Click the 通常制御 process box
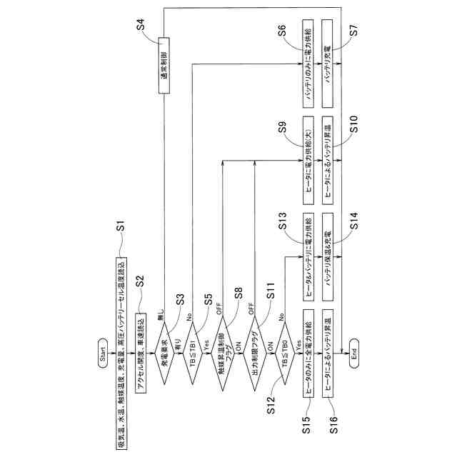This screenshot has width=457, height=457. pyautogui.click(x=164, y=64)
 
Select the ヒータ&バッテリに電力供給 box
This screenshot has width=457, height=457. pyautogui.click(x=308, y=253)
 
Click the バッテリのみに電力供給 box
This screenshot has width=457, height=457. pyautogui.click(x=308, y=64)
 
